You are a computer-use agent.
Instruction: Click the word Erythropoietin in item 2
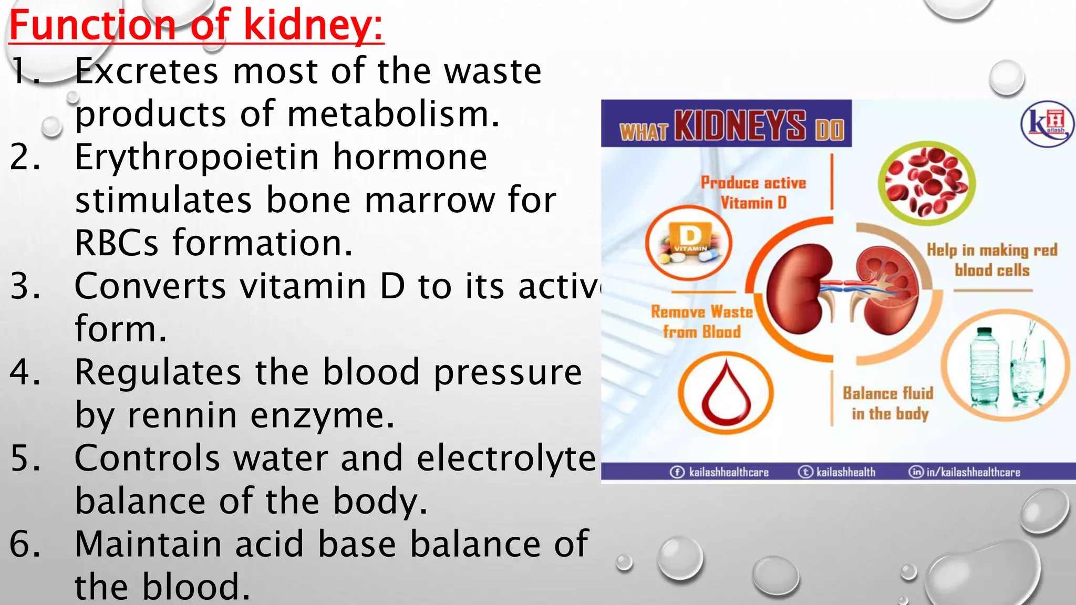(196, 158)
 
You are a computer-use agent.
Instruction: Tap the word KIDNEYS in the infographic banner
(740, 126)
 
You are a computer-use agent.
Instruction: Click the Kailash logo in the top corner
(1047, 124)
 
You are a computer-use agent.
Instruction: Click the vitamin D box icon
(688, 243)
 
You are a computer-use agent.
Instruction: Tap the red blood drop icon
(726, 393)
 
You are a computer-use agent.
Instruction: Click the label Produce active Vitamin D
(753, 193)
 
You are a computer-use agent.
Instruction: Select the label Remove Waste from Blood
(701, 321)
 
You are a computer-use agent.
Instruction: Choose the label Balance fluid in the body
(888, 403)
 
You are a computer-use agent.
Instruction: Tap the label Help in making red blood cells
(991, 260)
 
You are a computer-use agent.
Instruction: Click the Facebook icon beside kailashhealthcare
(677, 472)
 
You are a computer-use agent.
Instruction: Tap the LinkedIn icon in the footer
(916, 472)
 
